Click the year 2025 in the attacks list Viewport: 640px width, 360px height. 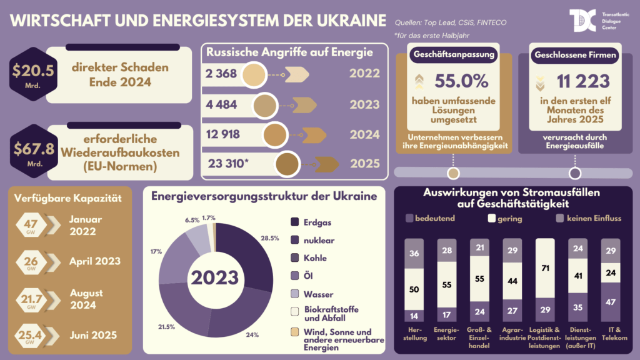[x=364, y=164]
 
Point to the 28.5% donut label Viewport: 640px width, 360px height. [x=269, y=239]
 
